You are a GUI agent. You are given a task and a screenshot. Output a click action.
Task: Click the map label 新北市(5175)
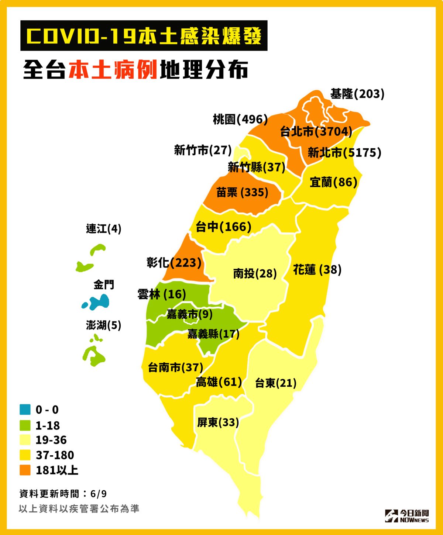click(344, 152)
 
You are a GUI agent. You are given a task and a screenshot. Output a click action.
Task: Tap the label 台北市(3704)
click(316, 131)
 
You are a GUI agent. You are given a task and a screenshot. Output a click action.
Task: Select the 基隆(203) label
click(357, 94)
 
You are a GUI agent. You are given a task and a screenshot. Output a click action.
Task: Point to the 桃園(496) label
click(240, 119)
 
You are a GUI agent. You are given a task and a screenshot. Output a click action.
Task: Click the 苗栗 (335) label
click(242, 192)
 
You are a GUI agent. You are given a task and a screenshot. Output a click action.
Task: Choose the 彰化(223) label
click(174, 263)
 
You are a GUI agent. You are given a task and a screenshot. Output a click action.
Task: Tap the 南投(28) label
click(255, 273)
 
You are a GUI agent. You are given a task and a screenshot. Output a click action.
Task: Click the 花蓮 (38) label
click(317, 270)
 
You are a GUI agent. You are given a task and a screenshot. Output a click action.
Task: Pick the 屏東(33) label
click(218, 422)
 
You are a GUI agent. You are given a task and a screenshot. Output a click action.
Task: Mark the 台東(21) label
click(275, 383)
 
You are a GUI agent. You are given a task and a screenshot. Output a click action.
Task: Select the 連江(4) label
click(103, 229)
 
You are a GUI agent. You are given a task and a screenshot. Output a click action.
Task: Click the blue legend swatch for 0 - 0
click(25, 410)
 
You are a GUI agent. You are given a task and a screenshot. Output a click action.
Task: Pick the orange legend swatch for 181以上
click(25, 470)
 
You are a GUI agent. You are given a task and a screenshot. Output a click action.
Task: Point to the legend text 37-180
click(55, 455)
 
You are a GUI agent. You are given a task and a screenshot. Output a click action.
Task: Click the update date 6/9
click(98, 494)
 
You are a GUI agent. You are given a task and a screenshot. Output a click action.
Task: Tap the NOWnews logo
click(406, 515)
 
